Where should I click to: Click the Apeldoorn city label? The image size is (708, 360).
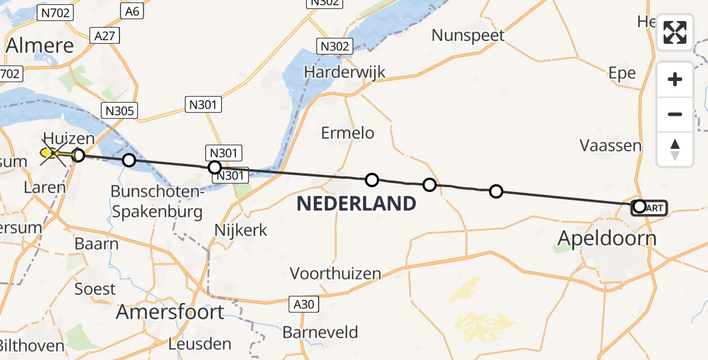(607, 238)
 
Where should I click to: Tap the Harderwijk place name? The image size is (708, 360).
(344, 73)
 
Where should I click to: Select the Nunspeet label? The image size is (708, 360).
(468, 35)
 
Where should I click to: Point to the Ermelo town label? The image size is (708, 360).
(347, 133)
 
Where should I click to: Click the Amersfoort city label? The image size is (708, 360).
(170, 312)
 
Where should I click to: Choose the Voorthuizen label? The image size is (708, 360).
(335, 274)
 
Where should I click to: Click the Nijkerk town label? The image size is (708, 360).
(241, 230)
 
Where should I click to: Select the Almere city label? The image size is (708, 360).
(40, 46)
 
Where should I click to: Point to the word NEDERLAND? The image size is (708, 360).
(356, 204)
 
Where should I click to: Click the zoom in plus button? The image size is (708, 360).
(675, 80)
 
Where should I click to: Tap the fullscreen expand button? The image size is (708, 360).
(675, 32)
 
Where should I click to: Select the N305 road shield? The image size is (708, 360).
(120, 110)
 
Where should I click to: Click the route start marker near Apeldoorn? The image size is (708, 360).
(640, 207)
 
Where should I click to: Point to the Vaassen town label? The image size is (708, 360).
(610, 145)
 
